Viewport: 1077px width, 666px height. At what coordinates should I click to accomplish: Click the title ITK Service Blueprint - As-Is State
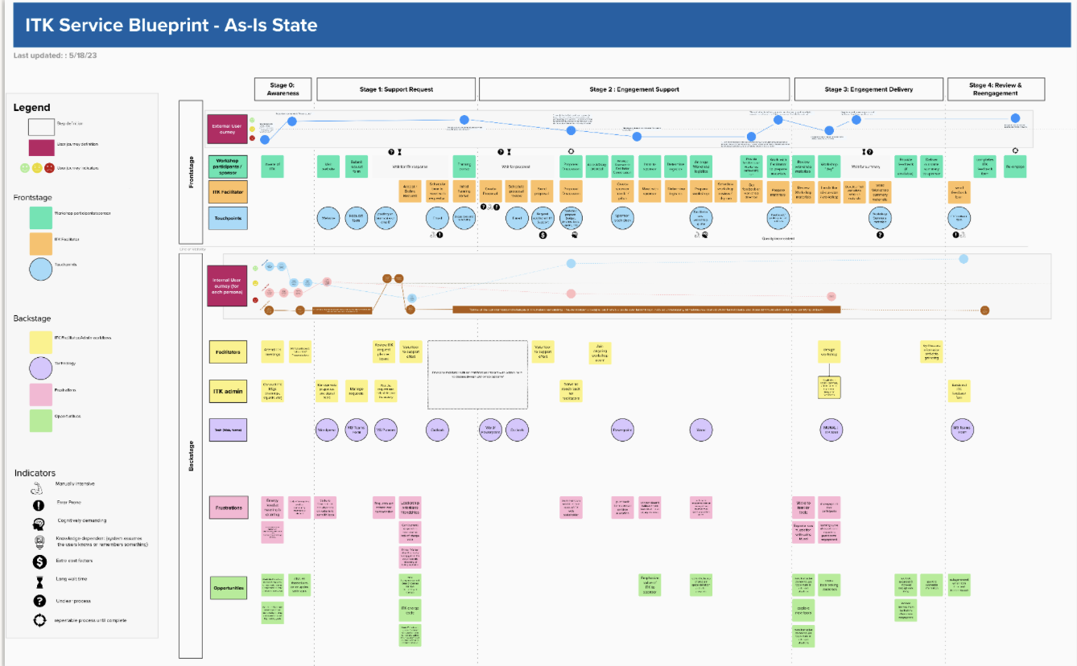171,25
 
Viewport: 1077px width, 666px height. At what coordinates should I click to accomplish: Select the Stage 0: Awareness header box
283,89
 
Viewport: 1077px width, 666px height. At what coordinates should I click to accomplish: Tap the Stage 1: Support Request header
395,89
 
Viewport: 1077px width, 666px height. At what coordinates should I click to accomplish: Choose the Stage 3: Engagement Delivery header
869,89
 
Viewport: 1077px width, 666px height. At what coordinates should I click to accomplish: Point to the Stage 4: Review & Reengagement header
995,89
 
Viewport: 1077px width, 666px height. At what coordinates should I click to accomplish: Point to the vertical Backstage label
191,454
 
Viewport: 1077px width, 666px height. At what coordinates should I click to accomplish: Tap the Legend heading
31,107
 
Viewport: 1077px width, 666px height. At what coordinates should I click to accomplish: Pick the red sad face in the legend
50,168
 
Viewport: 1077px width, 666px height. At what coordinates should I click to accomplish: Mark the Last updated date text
55,55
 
